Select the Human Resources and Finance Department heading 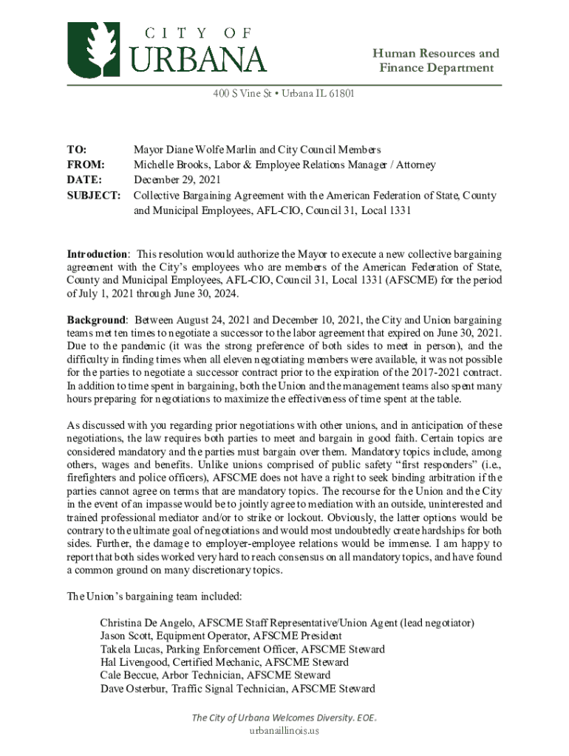(435, 61)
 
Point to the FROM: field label (86, 165)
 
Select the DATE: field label (84, 179)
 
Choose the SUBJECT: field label (94, 196)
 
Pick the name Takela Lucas (131, 649)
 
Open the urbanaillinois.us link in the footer (284, 730)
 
